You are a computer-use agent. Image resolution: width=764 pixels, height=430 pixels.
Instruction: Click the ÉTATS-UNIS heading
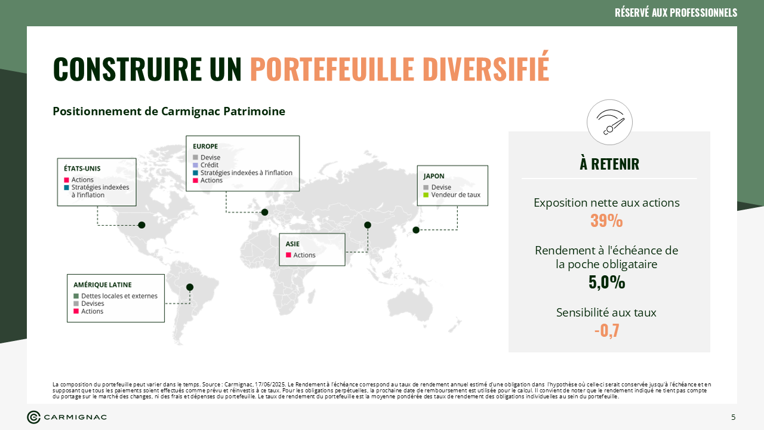pyautogui.click(x=82, y=168)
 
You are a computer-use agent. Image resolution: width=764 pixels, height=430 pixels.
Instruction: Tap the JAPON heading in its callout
pyautogui.click(x=434, y=176)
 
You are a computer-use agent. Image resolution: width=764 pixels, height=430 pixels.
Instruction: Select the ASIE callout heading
pyautogui.click(x=292, y=244)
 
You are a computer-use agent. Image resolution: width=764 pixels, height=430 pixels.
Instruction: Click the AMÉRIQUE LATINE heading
pyautogui.click(x=102, y=285)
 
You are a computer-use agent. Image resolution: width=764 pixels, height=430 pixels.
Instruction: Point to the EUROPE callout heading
pyautogui.click(x=205, y=146)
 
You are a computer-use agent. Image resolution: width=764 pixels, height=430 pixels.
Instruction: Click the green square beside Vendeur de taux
pyautogui.click(x=426, y=195)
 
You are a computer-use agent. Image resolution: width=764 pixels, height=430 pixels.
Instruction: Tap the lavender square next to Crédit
pyautogui.click(x=195, y=165)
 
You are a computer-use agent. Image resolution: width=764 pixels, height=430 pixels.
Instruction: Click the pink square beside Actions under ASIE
pyautogui.click(x=288, y=255)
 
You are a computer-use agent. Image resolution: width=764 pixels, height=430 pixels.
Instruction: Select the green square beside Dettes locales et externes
pyautogui.click(x=76, y=296)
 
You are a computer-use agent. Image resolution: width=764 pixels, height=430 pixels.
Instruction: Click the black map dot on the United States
pyautogui.click(x=142, y=225)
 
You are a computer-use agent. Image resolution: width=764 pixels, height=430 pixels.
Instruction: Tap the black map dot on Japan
pyautogui.click(x=416, y=230)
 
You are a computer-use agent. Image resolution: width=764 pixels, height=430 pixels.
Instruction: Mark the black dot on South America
pyautogui.click(x=190, y=287)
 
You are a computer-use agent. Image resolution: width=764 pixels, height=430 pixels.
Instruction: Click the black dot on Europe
pyautogui.click(x=264, y=212)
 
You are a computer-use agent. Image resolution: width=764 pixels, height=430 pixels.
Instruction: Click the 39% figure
pyautogui.click(x=606, y=220)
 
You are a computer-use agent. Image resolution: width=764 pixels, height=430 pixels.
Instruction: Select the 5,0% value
pyautogui.click(x=607, y=282)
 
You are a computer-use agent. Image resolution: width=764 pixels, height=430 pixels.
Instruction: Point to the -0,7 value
pyautogui.click(x=606, y=330)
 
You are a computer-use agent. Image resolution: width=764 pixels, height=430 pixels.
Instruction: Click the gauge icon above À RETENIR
pyautogui.click(x=609, y=122)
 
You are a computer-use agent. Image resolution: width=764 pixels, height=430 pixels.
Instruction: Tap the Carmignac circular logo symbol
pyautogui.click(x=34, y=417)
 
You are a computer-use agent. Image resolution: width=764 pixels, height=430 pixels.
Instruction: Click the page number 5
pyautogui.click(x=734, y=417)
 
